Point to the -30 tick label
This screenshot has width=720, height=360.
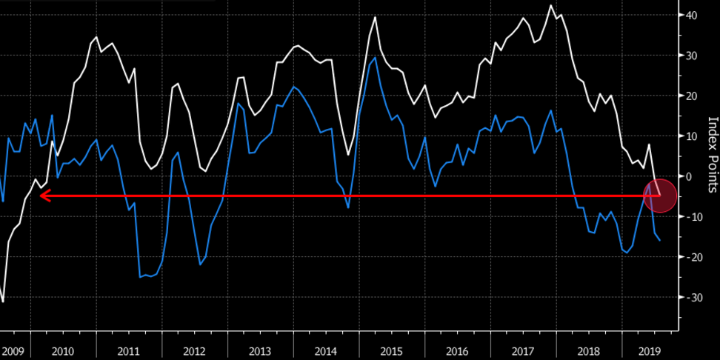point(693,297)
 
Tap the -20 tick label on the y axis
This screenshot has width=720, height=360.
point(693,257)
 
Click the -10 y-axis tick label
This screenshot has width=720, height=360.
point(693,217)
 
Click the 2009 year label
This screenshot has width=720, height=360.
point(14,351)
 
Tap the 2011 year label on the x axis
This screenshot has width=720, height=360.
point(128,351)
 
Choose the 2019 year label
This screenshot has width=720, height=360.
point(650,351)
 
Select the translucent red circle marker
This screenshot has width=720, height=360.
point(661,196)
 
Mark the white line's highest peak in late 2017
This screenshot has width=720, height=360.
point(551,6)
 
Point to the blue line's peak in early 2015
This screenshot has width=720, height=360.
point(376,58)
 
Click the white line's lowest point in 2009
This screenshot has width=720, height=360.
point(3,301)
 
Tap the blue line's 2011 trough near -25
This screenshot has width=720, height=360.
point(141,277)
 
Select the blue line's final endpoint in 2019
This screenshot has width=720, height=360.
point(660,240)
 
